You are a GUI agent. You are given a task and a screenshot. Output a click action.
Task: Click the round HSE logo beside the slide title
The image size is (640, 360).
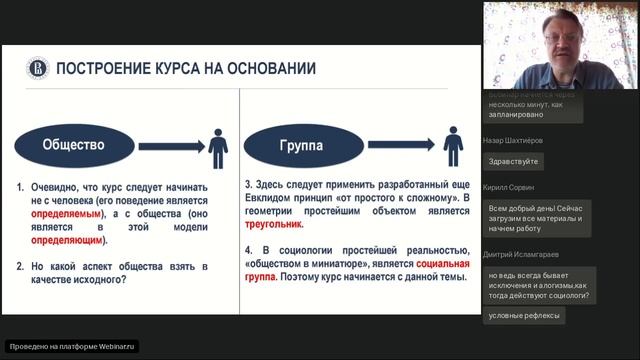coord(35,68)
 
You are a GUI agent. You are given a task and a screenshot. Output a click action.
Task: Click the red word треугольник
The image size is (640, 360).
coord(276,226)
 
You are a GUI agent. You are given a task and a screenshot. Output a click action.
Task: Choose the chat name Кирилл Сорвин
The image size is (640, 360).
coord(508,187)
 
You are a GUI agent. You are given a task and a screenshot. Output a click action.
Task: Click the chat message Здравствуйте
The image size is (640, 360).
coord(513,161)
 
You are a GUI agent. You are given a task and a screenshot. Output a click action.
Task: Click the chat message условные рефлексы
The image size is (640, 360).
coord(523,316)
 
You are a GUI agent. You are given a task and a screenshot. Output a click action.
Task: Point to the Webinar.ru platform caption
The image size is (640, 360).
coord(71,346)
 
